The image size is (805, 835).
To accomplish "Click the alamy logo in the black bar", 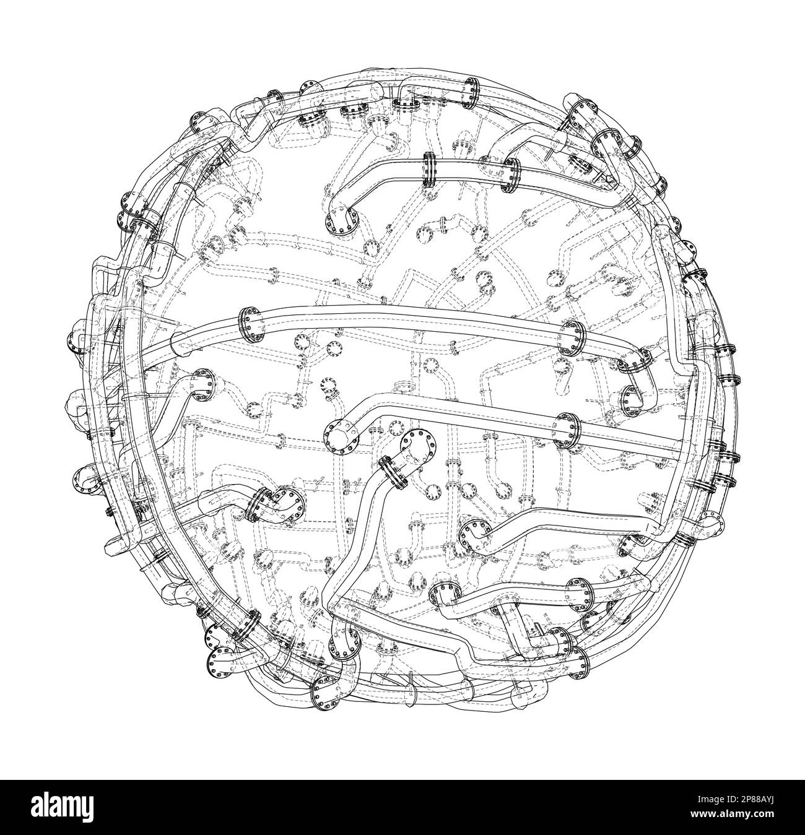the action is coord(62,807).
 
